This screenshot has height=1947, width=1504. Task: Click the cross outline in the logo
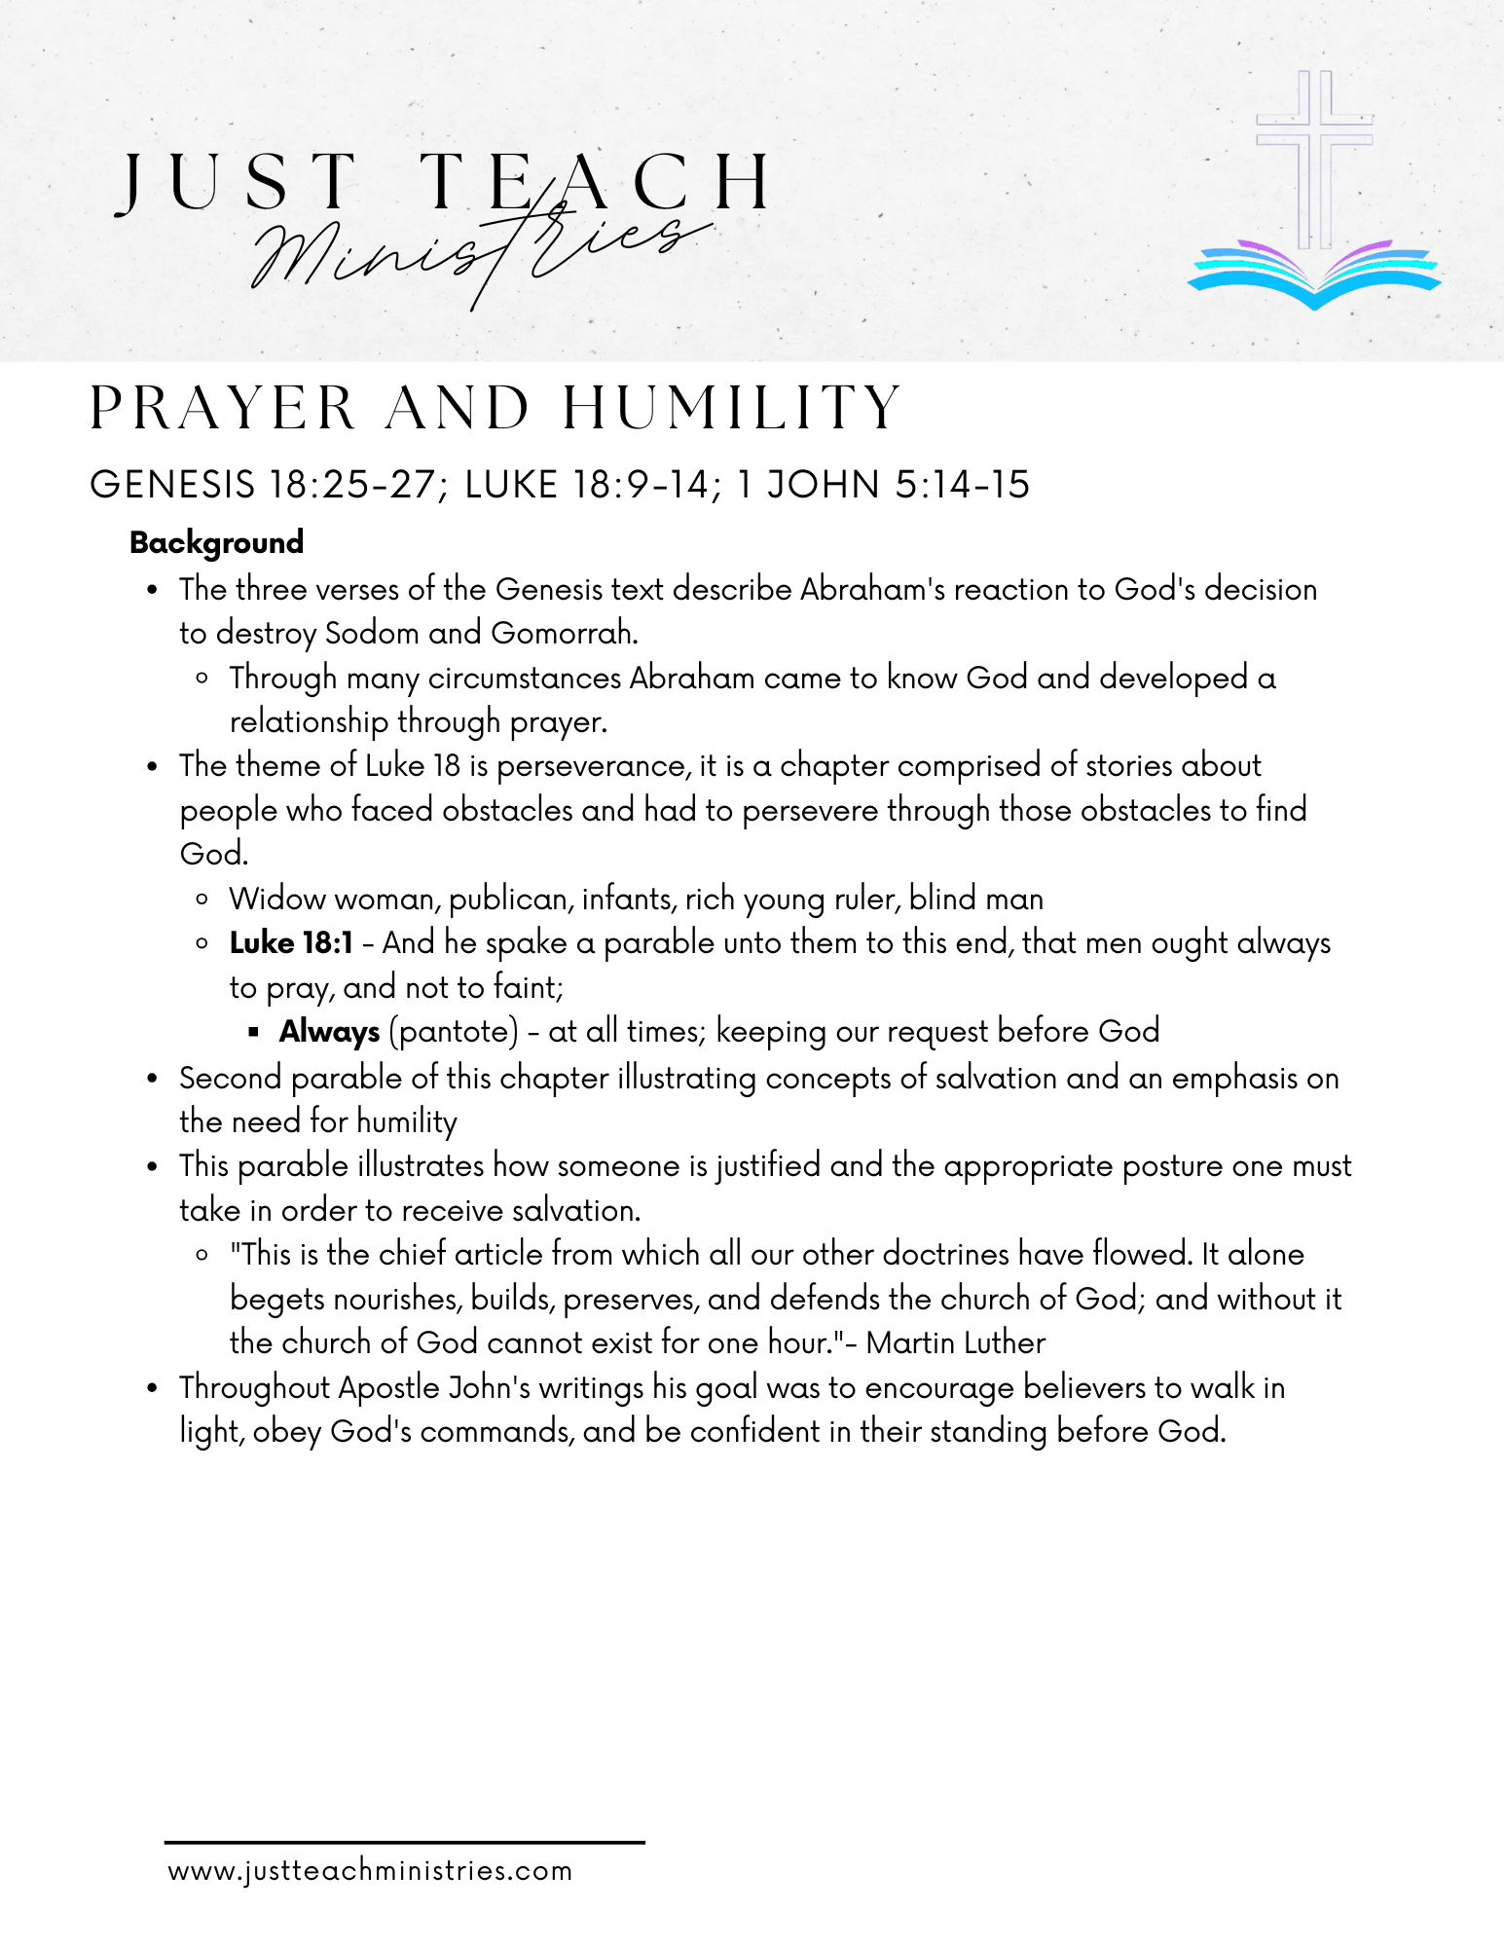(1314, 156)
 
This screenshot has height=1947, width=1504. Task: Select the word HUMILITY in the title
(733, 408)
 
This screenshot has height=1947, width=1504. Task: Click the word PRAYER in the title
(223, 408)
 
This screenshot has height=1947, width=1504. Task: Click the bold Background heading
(217, 542)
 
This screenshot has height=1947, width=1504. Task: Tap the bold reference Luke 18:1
(291, 943)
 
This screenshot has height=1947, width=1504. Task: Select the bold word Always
(329, 1032)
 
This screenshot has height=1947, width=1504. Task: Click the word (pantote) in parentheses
(453, 1032)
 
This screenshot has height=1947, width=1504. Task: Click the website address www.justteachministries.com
(370, 1871)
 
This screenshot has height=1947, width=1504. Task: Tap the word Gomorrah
(565, 634)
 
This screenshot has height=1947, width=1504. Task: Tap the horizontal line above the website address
(404, 1842)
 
